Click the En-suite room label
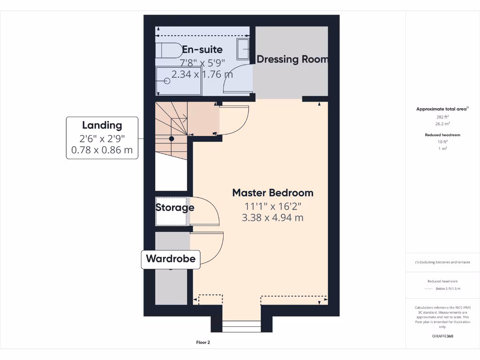[x=202, y=50]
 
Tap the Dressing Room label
[x=292, y=60]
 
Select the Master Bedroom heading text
[x=273, y=193]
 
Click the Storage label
[x=175, y=208]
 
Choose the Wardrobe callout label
[x=171, y=259]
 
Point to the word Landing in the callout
[x=102, y=125]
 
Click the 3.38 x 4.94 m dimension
[x=273, y=217]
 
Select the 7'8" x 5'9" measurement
[x=202, y=62]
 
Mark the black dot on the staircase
[x=172, y=139]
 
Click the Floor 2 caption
[x=203, y=343]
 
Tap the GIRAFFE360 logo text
[x=443, y=336]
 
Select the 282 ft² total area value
[x=443, y=117]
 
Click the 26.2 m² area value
[x=443, y=124]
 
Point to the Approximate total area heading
[x=442, y=109]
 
